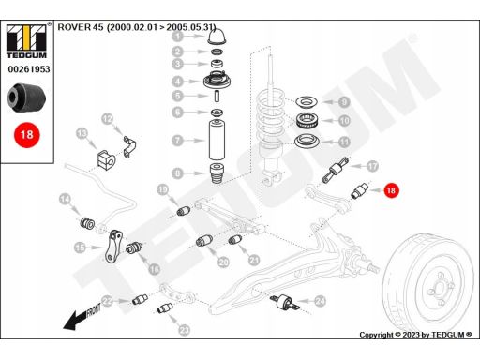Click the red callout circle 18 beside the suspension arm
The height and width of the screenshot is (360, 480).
(x=391, y=190)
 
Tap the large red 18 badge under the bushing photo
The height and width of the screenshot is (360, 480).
(x=27, y=135)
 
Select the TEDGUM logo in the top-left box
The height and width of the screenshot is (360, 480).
(x=27, y=41)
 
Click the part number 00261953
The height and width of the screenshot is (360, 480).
(x=29, y=69)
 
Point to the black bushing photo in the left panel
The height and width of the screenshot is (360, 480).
(x=26, y=97)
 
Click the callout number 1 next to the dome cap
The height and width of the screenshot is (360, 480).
(x=178, y=36)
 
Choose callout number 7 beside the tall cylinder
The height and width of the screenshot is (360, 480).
(x=177, y=141)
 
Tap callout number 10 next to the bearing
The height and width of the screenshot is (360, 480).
(x=344, y=121)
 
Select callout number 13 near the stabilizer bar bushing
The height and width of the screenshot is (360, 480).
(x=82, y=134)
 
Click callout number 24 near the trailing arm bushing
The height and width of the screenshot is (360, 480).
(x=320, y=301)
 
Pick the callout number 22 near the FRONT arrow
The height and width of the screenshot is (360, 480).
(x=107, y=302)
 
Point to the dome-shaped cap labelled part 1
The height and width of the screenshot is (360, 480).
(x=217, y=36)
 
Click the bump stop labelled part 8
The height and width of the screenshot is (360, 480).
(x=217, y=174)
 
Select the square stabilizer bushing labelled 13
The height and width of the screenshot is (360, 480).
(x=104, y=160)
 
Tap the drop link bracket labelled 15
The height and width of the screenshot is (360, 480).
(x=113, y=247)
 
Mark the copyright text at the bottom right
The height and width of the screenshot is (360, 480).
(x=415, y=335)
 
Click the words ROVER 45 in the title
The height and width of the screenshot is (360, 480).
(x=81, y=27)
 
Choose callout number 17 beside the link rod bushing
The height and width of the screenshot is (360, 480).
(x=372, y=166)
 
